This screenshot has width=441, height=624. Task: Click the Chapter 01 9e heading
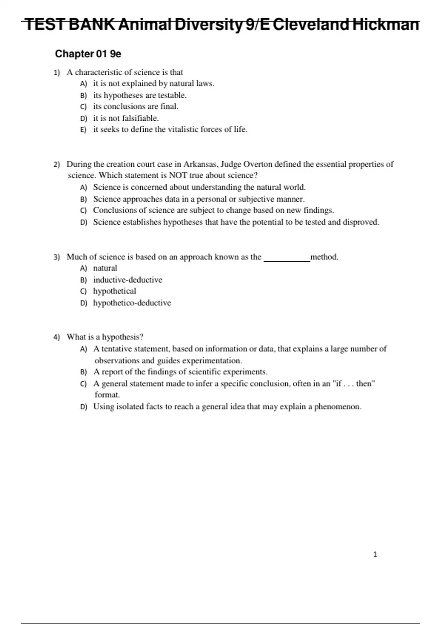88,54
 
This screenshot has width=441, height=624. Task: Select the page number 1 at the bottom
375,554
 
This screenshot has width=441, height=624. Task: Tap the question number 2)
57,164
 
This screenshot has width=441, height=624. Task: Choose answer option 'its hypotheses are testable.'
140,95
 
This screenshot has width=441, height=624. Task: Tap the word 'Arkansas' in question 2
201,164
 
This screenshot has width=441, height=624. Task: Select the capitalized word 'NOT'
178,175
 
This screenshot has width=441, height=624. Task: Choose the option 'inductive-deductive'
128,280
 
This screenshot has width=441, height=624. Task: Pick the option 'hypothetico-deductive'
132,303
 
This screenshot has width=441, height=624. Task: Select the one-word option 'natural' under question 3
105,268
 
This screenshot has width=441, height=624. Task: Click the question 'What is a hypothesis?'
105,337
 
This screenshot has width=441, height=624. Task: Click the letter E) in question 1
83,130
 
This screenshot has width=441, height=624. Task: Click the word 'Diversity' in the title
208,25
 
